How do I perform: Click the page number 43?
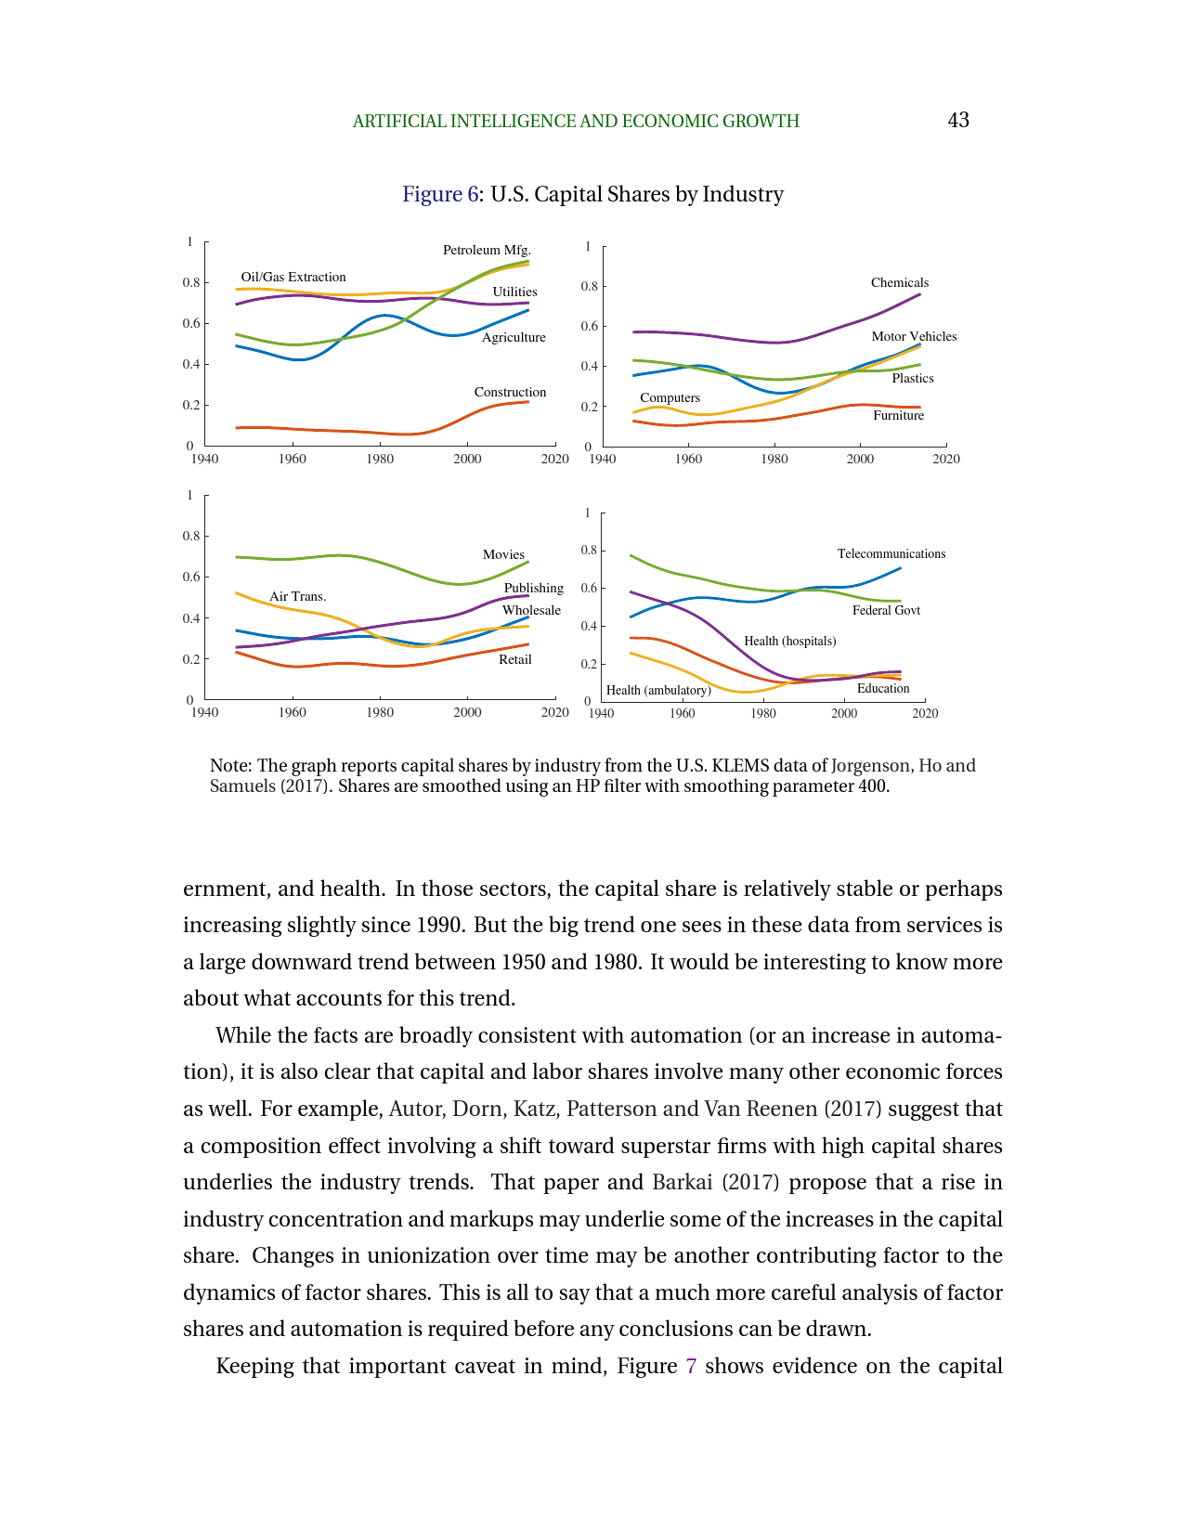pos(958,120)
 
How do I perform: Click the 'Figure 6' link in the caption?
pos(439,194)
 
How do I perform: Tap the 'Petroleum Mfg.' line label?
pos(487,250)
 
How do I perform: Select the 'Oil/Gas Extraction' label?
pos(293,277)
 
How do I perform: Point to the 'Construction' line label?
pos(510,392)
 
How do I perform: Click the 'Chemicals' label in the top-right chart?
pos(899,282)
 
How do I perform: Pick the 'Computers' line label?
pos(670,397)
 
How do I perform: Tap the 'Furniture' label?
pos(898,415)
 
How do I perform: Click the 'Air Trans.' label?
pos(297,596)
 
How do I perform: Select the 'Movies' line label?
pos(503,554)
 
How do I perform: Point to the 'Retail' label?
pos(514,659)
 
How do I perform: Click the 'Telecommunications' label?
pos(891,553)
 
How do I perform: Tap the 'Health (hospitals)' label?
pos(789,641)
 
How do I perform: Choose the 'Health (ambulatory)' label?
pos(658,690)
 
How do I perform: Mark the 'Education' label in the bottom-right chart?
pos(882,688)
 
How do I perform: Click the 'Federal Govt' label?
pos(886,610)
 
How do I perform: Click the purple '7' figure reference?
pos(690,1366)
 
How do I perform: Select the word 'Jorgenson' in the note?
pos(870,766)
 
